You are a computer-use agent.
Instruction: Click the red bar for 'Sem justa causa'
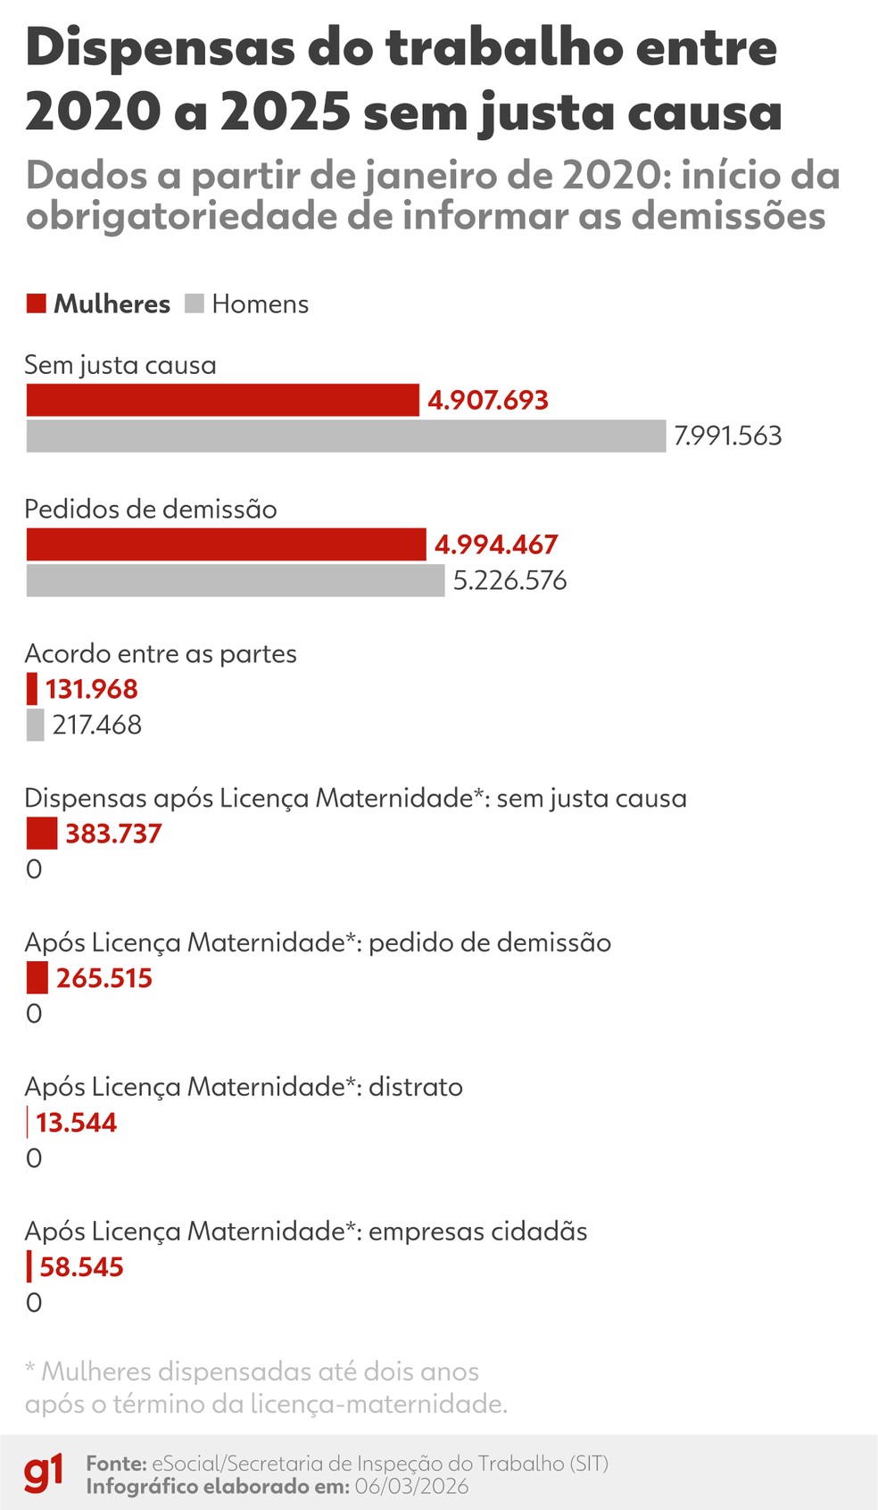click(222, 400)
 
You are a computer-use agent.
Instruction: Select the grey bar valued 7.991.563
click(345, 436)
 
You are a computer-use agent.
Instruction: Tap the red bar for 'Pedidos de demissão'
click(226, 544)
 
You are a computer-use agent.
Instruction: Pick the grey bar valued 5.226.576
click(235, 581)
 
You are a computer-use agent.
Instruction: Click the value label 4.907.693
click(488, 400)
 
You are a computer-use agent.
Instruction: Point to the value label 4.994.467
click(496, 544)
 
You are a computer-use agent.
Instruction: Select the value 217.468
click(97, 725)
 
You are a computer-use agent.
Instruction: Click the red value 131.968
click(92, 689)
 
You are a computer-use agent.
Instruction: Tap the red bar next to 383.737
click(42, 834)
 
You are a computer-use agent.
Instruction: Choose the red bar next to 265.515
click(37, 978)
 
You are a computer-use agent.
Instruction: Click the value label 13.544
click(77, 1123)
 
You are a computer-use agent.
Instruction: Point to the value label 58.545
click(81, 1267)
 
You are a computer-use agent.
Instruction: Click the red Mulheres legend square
click(37, 303)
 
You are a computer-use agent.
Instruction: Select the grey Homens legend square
click(195, 303)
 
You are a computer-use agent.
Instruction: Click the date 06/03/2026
click(411, 1486)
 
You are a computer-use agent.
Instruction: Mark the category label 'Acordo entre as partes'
click(161, 653)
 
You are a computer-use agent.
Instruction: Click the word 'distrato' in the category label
click(416, 1087)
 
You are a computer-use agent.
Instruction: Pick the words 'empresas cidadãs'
click(478, 1232)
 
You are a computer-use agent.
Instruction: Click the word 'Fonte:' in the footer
click(116, 1464)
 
